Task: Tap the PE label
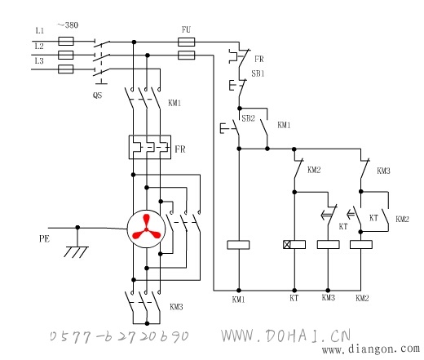click(x=44, y=238)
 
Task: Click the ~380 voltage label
click(x=68, y=25)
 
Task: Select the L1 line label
click(x=40, y=31)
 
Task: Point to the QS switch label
click(x=97, y=96)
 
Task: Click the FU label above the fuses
click(x=186, y=29)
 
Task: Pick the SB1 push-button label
click(x=258, y=73)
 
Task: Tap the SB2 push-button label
click(x=248, y=118)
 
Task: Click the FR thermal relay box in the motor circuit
click(x=150, y=147)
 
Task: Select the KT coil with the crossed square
click(x=294, y=244)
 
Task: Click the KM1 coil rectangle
click(x=238, y=245)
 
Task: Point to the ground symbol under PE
click(x=77, y=251)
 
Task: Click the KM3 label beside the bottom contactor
click(x=176, y=307)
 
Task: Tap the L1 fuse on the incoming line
click(x=66, y=42)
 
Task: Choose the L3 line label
click(x=39, y=60)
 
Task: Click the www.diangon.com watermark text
click(x=371, y=349)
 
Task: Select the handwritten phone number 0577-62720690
click(x=119, y=336)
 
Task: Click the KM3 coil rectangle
click(x=329, y=244)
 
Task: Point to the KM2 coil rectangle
click(x=361, y=244)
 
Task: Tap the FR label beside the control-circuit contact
click(x=259, y=59)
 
